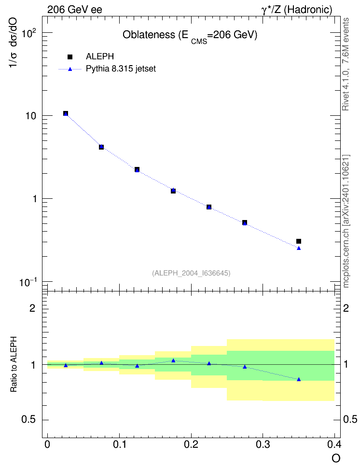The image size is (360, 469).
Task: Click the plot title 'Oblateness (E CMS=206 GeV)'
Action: click(x=190, y=36)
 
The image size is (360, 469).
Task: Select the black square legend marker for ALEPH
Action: click(x=70, y=57)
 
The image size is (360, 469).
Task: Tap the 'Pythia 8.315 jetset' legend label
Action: click(x=121, y=69)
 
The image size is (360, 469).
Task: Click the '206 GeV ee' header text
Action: click(x=74, y=10)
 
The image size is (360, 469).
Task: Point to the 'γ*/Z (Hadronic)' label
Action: click(x=297, y=10)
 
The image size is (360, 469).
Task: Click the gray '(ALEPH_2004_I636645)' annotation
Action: click(x=191, y=273)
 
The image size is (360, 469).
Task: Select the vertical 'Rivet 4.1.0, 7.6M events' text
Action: click(x=346, y=64)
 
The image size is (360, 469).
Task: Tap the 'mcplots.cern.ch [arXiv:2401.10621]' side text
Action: click(x=346, y=221)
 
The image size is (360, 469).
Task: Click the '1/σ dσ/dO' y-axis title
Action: click(x=13, y=42)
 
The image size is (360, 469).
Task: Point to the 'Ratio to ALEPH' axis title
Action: click(x=14, y=364)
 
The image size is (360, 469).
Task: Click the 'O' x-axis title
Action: click(x=336, y=458)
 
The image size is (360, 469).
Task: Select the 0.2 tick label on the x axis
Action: click(x=191, y=445)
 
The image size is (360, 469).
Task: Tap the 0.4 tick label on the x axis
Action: click(x=334, y=445)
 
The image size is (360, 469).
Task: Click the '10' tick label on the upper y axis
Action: click(x=30, y=116)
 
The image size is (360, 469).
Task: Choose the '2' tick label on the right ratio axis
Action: click(x=346, y=308)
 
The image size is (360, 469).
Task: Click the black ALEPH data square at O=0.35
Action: click(x=299, y=241)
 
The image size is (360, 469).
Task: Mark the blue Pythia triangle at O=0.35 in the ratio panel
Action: click(x=299, y=379)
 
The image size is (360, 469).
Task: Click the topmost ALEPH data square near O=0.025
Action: click(x=66, y=113)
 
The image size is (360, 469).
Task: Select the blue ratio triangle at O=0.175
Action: click(x=173, y=360)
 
